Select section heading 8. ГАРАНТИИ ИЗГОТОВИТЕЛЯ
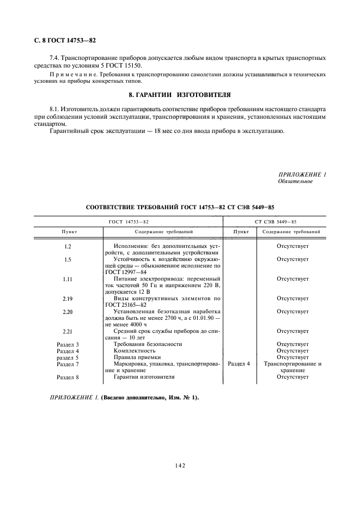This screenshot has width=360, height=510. tap(180, 94)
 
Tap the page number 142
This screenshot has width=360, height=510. tap(180, 465)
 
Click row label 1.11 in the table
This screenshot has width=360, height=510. tap(68, 279)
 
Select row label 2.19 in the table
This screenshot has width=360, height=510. tap(68, 299)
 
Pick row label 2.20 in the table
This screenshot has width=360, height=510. tap(68, 312)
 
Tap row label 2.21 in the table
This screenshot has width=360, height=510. tap(68, 331)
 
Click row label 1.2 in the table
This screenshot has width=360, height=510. tap(68, 246)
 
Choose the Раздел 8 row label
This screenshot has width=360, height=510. tap(68, 377)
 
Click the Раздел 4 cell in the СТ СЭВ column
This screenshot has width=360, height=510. tap(239, 364)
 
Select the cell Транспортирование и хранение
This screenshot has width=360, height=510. tap(292, 367)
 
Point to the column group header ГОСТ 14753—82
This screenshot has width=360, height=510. tap(129, 221)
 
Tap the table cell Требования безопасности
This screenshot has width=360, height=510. tap(147, 344)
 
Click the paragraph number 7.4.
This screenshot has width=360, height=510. tap(54, 57)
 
